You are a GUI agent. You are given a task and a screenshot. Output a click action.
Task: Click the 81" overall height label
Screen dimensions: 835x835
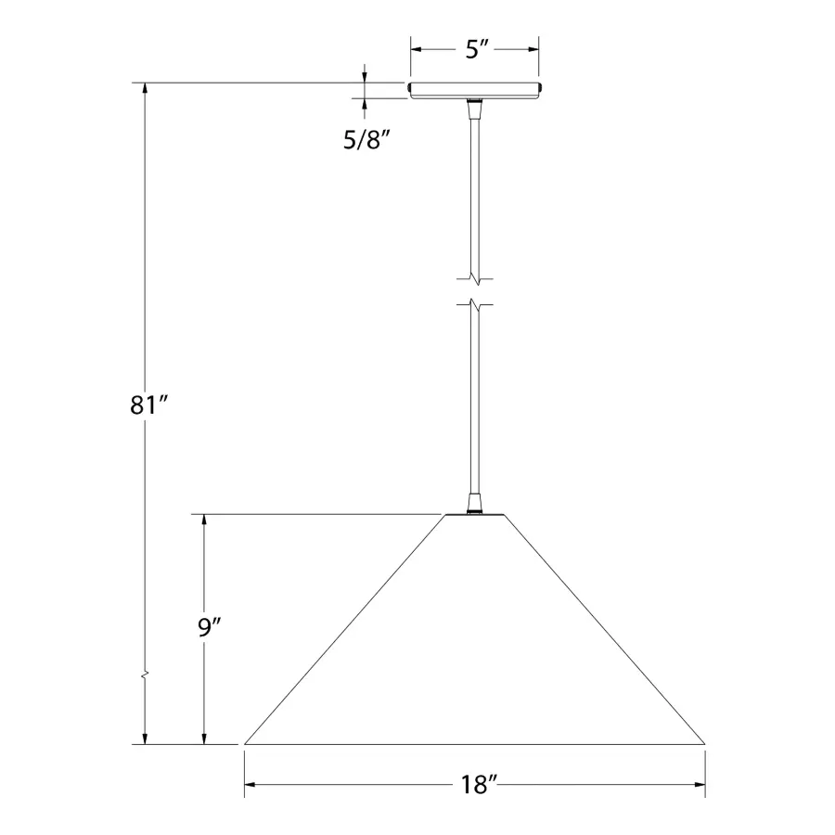[148, 405]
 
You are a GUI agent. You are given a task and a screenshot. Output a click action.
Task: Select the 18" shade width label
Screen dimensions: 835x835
[479, 785]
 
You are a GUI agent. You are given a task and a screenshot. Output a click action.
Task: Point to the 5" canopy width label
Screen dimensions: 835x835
[477, 49]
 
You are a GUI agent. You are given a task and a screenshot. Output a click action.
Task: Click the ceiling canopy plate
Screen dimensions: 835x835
[474, 91]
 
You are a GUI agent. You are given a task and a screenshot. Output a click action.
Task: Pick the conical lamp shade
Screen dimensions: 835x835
[474, 629]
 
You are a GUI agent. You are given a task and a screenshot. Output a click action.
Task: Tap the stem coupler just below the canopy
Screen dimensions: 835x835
[474, 109]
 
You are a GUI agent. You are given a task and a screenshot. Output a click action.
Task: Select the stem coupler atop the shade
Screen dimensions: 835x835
[474, 505]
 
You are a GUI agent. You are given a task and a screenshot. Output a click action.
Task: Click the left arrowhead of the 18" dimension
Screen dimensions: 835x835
[251, 784]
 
